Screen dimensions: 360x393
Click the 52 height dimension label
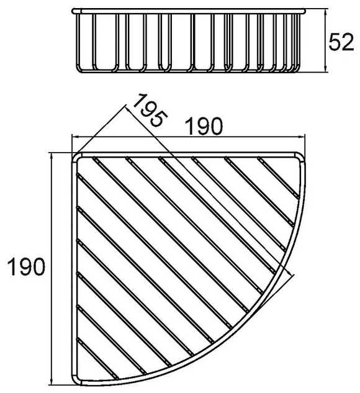tap(341, 43)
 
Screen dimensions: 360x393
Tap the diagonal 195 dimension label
tap(150, 110)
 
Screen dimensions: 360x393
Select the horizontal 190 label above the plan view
tap(205, 127)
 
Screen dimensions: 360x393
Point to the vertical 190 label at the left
tap(27, 266)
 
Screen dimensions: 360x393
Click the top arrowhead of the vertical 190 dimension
tap(52, 156)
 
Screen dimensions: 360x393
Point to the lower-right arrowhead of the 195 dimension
tap(290, 273)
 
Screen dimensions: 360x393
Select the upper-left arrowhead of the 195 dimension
tap(128, 110)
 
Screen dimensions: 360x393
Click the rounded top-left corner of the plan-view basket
tap(74, 155)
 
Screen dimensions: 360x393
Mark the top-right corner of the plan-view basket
tap(302, 156)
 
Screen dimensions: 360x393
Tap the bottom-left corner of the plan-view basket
tap(75, 387)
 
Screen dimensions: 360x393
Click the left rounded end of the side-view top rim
tap(73, 11)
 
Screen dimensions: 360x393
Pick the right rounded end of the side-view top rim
tap(304, 11)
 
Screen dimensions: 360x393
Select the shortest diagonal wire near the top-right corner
tap(279, 178)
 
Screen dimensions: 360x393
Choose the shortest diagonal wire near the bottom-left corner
tap(97, 359)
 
